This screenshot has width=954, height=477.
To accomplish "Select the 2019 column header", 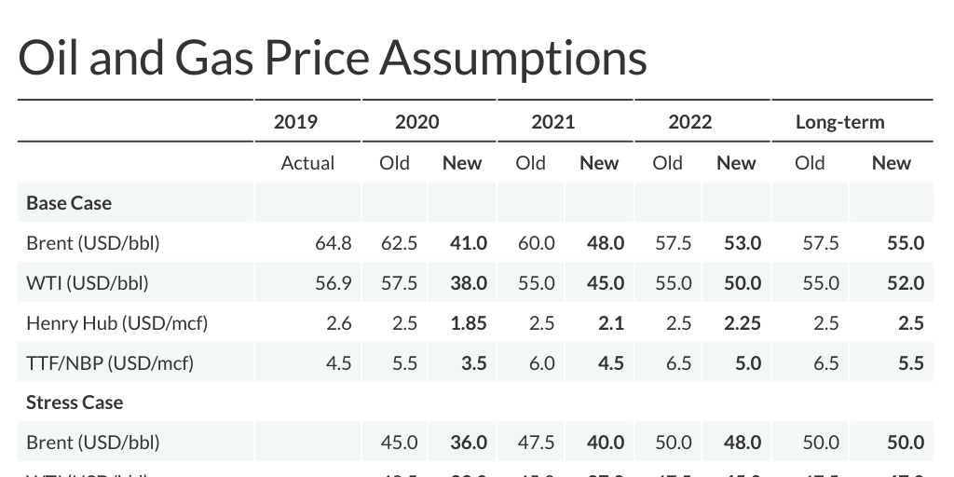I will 295,122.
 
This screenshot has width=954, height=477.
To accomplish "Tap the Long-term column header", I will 839,122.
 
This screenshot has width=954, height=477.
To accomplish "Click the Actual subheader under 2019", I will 307,163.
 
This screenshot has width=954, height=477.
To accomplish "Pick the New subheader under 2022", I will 736,163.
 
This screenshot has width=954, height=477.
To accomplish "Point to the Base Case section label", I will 69,202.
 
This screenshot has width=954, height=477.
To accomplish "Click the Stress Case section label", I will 75,402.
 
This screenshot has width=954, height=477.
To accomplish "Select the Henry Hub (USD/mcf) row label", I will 116,323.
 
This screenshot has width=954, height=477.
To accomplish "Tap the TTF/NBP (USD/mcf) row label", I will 110,363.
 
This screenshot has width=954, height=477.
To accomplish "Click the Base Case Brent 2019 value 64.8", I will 334,243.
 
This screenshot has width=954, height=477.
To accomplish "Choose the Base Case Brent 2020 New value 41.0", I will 469,243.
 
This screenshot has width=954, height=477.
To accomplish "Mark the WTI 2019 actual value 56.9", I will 334,283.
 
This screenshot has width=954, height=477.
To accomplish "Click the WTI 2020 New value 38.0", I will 469,283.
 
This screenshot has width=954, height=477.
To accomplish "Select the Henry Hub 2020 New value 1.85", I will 469,323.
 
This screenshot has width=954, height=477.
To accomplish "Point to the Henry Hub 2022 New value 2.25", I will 743,323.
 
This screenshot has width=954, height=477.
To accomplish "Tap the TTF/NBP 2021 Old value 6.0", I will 542,363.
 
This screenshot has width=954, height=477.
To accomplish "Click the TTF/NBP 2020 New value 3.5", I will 473,363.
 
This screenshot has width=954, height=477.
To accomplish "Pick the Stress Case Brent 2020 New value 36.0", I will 469,443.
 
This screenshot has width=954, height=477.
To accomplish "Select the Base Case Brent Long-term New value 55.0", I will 906,243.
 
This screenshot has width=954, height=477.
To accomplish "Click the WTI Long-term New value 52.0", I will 906,283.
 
